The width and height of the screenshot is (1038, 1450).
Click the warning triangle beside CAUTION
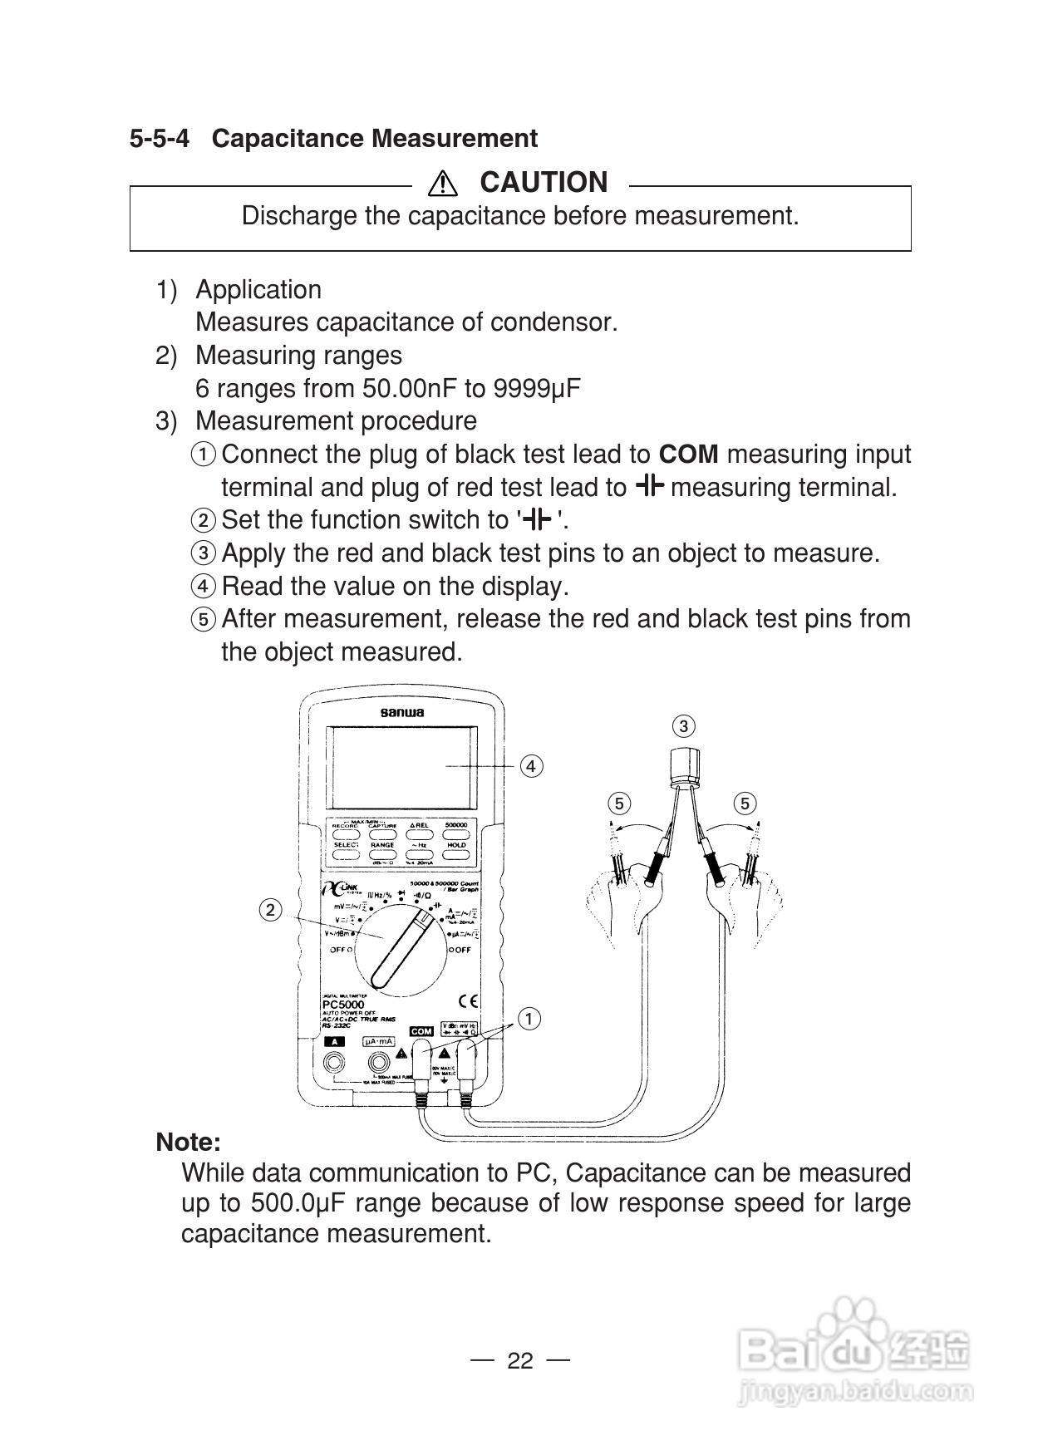click(x=443, y=182)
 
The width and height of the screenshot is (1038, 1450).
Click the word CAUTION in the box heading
click(x=544, y=182)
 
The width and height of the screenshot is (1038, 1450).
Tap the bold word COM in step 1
click(x=688, y=454)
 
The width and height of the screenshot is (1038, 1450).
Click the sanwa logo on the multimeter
click(x=401, y=712)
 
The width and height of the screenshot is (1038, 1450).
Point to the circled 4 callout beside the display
click(x=531, y=765)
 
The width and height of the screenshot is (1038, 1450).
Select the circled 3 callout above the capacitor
click(x=683, y=726)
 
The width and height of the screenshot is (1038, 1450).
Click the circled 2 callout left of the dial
click(x=270, y=910)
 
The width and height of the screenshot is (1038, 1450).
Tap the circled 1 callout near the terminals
click(x=529, y=1019)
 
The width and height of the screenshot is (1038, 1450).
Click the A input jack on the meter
click(x=335, y=1062)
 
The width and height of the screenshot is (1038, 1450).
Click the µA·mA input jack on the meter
click(x=380, y=1062)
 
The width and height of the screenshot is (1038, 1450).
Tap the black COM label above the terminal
click(x=421, y=1031)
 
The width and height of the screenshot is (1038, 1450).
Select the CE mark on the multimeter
click(x=469, y=1001)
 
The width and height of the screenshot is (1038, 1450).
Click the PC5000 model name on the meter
click(x=343, y=1004)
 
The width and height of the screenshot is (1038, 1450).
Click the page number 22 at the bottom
click(x=519, y=1360)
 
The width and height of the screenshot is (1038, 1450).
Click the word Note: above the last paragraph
click(x=188, y=1142)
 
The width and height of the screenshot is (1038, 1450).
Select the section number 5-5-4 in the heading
click(x=159, y=138)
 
